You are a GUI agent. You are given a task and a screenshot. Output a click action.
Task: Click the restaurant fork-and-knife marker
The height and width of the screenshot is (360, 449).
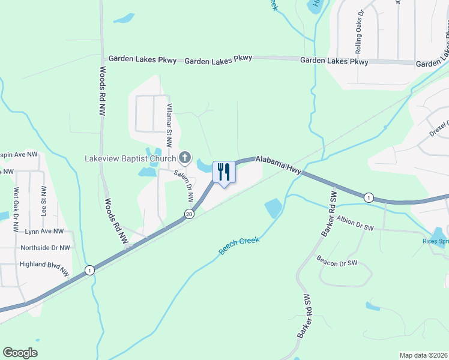coord(224,173)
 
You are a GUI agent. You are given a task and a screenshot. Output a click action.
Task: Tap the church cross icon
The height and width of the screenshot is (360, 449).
coord(185,158)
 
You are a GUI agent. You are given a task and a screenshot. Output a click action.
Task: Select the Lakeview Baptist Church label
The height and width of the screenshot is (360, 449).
coord(130,158)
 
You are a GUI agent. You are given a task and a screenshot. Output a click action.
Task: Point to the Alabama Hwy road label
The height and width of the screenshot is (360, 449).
coord(278,166)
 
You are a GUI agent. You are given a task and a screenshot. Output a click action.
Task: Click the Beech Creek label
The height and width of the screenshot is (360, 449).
coord(239,245)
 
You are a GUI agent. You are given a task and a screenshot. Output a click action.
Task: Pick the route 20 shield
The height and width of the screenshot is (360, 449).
coord(190,214)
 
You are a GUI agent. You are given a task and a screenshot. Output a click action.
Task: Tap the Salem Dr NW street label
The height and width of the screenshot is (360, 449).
coord(183,187)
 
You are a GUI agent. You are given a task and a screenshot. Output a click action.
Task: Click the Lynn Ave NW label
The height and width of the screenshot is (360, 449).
coord(44,231)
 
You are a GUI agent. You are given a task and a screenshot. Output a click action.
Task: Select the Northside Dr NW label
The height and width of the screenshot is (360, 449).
coord(45,247)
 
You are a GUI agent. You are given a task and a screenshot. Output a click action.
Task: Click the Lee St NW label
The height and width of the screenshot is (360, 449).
coord(44,200)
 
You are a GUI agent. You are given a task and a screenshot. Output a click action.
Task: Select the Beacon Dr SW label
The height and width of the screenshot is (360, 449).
coord(337,262)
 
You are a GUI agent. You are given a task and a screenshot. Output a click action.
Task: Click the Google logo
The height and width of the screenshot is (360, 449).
coord(20,353)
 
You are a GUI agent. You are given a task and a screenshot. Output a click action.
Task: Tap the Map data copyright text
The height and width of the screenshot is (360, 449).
coord(423,355)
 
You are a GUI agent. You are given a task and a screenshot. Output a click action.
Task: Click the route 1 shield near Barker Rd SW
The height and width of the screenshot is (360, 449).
coord(368,197)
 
